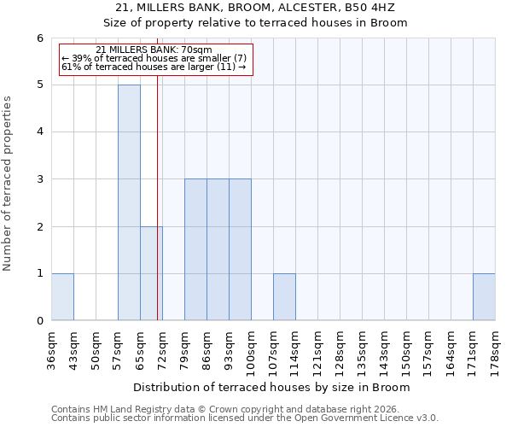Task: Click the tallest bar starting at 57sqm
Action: point(129,202)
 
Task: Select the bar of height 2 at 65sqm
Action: point(151,273)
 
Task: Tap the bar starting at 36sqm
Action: point(62,296)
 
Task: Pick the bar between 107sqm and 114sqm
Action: point(284,296)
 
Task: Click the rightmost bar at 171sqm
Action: point(484,296)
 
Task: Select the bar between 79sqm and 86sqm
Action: point(195,249)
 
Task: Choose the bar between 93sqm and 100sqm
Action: point(240,249)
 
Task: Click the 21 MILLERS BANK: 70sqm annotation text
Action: point(154,50)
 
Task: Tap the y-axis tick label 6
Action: point(39,38)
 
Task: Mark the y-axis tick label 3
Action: point(39,179)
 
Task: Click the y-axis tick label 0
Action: point(39,320)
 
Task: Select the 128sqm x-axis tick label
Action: point(340,350)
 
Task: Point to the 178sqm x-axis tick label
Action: point(496,350)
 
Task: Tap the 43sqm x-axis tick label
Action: point(74,350)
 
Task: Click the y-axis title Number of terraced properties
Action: point(8,184)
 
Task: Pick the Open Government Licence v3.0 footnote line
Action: point(245,418)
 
